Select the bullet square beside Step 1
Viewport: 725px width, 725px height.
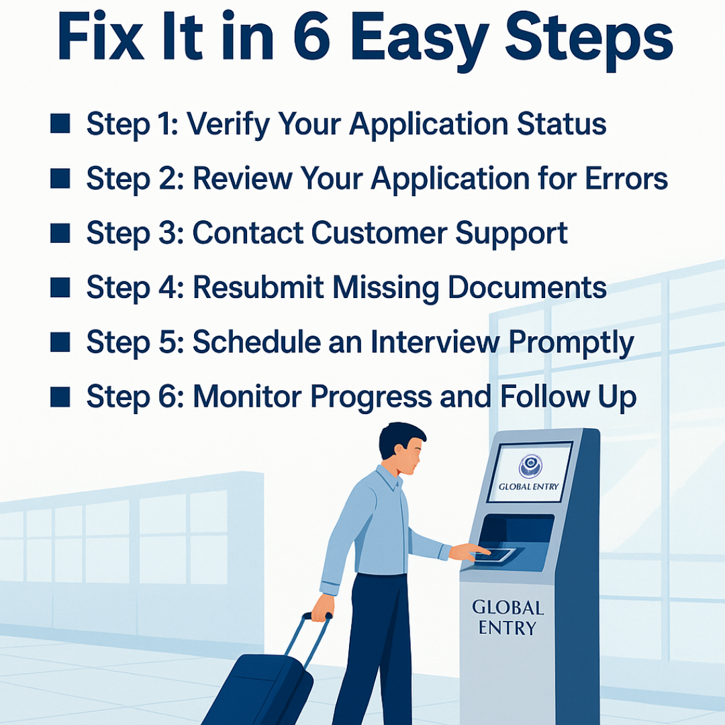click(x=60, y=124)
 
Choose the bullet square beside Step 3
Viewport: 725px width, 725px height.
click(x=60, y=233)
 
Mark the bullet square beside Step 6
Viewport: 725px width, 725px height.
click(x=60, y=397)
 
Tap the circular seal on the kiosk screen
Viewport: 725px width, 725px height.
click(x=530, y=465)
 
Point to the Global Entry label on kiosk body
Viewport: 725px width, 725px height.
click(x=507, y=618)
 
